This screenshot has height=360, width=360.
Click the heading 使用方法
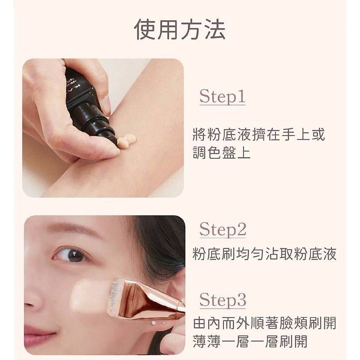point(180,30)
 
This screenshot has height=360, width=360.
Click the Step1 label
point(222,96)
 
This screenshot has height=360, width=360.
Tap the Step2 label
point(223,229)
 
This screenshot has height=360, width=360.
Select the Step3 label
point(223,300)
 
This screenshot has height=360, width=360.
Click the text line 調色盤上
point(221,152)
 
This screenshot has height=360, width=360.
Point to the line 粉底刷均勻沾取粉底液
point(265,254)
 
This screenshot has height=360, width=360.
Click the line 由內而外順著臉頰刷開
point(265,323)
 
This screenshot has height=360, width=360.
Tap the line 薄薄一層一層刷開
point(250,341)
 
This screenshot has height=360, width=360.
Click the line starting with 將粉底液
point(259,134)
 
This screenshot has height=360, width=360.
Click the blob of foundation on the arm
point(126,141)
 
